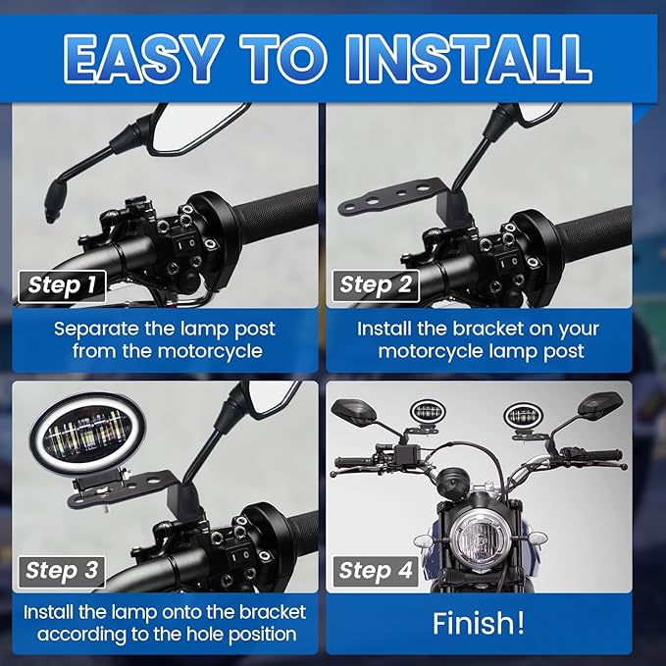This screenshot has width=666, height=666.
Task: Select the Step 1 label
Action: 62,285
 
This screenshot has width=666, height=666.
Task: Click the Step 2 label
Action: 376,285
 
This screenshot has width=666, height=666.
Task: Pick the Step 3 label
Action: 62,571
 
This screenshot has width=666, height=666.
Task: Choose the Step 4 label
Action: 376,571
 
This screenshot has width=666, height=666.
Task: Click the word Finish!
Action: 479,624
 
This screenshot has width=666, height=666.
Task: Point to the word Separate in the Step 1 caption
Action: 96,330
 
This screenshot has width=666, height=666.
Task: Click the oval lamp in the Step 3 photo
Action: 87,434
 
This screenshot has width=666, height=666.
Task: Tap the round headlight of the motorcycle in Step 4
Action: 480,540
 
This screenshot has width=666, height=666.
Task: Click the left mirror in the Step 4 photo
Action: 354,412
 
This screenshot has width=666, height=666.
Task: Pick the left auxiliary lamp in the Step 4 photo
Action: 426,412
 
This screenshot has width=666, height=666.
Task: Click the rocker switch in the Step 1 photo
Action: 185,244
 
